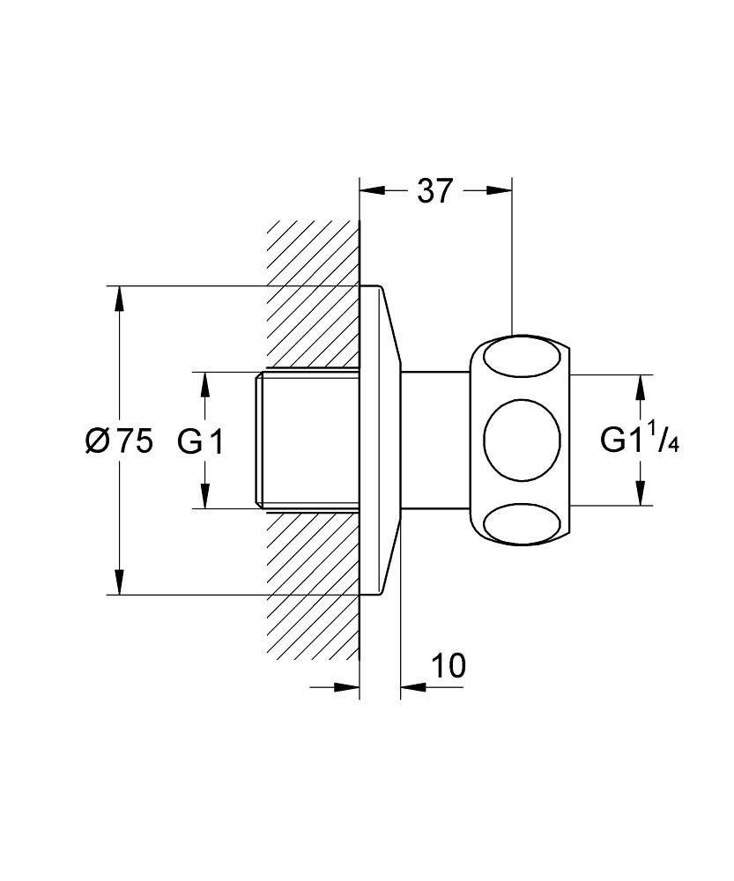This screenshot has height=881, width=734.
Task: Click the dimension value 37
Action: tap(434, 190)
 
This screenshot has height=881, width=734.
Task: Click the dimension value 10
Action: tap(449, 666)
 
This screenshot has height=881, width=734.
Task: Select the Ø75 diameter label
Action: tap(119, 440)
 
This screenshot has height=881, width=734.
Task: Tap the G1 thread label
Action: tap(201, 440)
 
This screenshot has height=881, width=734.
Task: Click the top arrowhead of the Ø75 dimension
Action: tap(119, 296)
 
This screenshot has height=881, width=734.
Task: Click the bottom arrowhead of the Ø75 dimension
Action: tap(119, 584)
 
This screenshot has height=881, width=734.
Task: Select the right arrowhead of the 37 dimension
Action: tap(501, 189)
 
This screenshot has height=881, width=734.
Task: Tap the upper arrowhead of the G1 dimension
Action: tap(204, 383)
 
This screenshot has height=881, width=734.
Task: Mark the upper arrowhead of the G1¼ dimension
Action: tap(641, 386)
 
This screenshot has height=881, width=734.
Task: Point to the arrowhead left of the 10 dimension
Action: tap(349, 689)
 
